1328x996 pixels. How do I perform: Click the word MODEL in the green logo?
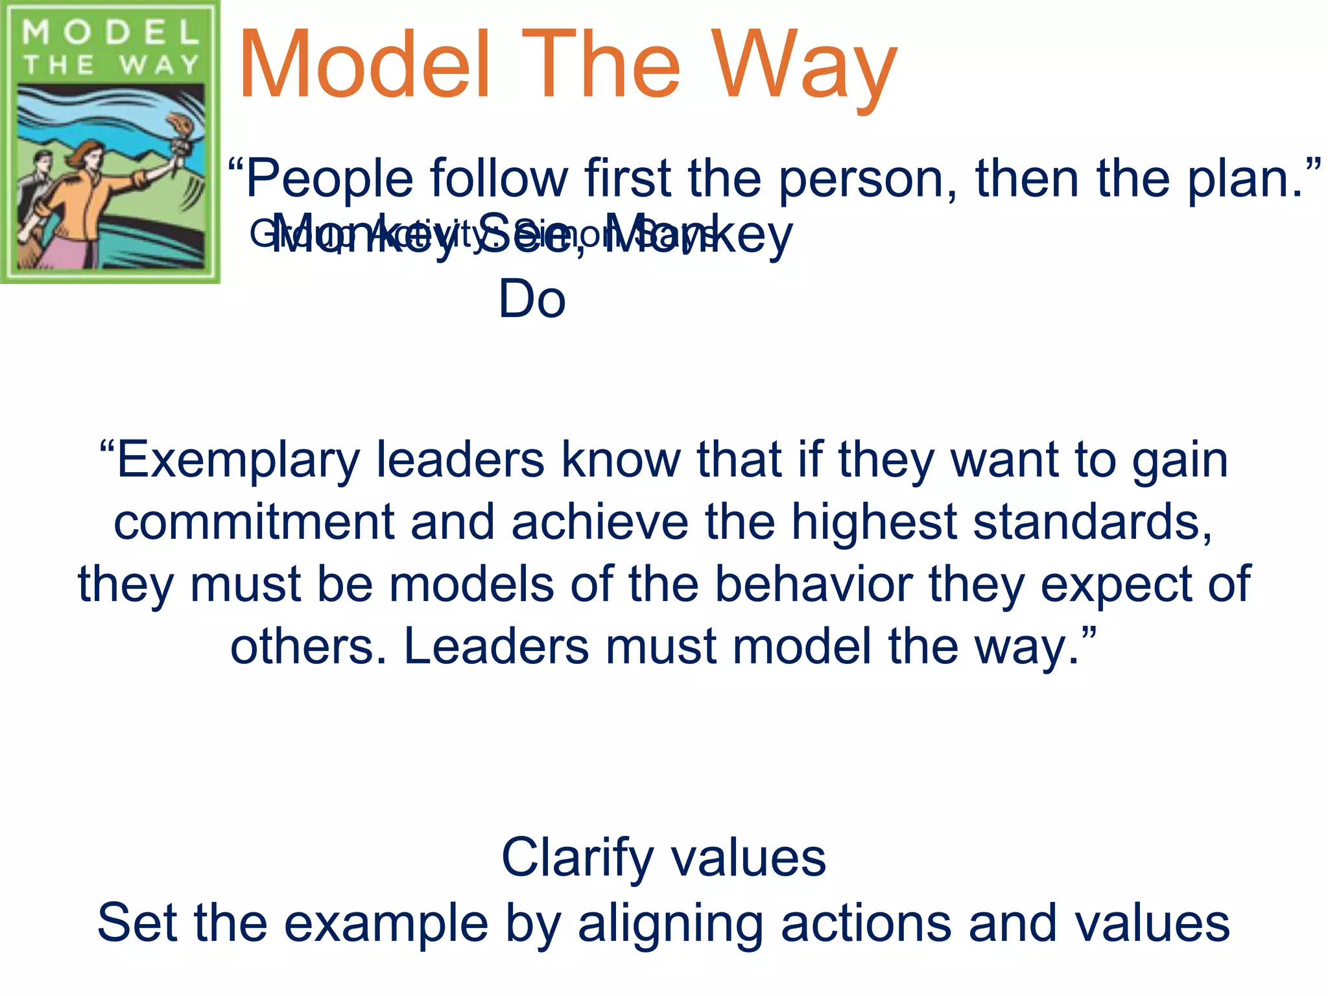[x=110, y=32]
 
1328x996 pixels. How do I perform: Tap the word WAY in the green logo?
[x=159, y=65]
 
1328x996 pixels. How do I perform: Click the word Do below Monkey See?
[x=532, y=300]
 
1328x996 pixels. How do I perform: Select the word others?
[x=309, y=647]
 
